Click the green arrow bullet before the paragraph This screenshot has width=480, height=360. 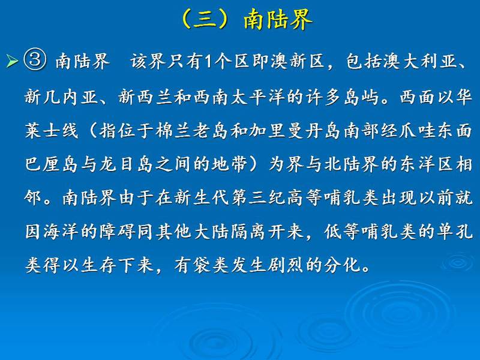tap(12, 61)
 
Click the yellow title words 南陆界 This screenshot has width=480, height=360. tap(278, 19)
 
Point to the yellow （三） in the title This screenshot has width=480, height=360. tap(205, 19)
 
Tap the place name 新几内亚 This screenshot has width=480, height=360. tap(62, 97)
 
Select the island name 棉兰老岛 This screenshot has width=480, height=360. tap(192, 130)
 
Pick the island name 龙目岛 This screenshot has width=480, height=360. tap(126, 164)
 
